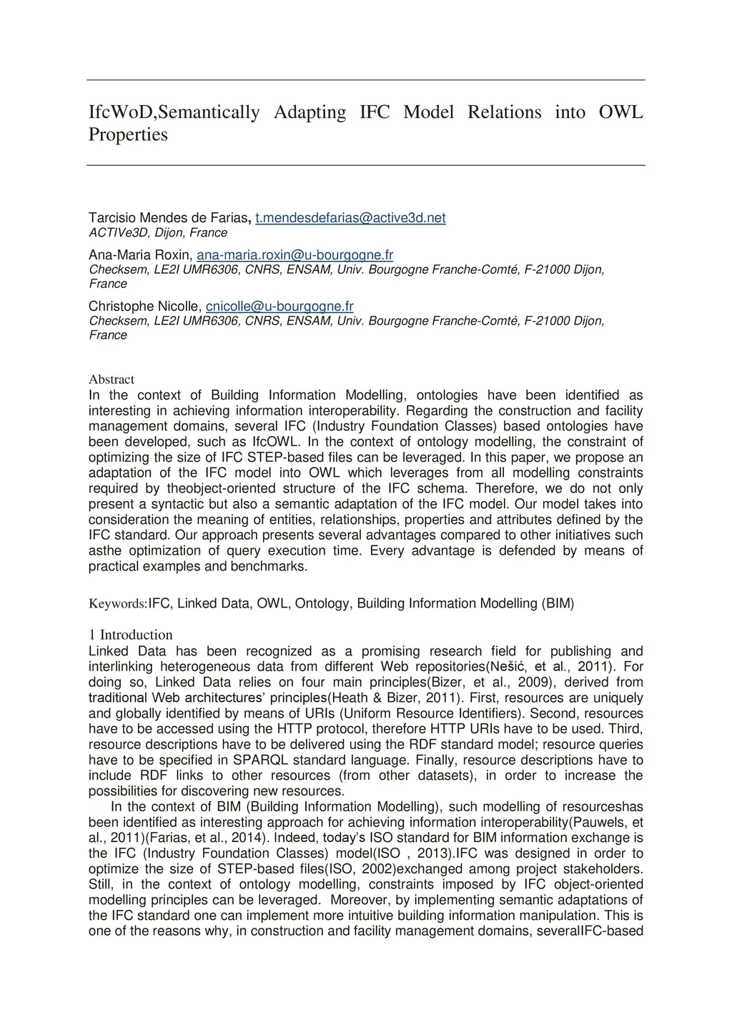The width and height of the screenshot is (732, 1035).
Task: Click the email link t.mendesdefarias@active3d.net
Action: tap(350, 217)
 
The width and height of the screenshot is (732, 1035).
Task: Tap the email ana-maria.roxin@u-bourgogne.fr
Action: tap(295, 255)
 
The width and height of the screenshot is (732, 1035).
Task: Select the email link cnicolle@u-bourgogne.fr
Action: tap(280, 307)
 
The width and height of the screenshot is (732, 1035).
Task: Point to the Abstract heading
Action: tap(111, 380)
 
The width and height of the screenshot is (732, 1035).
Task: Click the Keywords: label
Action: tap(117, 604)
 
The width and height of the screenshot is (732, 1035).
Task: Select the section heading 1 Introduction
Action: tap(130, 635)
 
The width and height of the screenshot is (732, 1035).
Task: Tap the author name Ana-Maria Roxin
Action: tap(139, 255)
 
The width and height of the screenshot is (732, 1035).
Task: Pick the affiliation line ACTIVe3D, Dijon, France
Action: tap(157, 233)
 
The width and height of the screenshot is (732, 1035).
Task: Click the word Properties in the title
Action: tap(127, 134)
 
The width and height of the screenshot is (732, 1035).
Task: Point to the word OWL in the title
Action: tap(620, 112)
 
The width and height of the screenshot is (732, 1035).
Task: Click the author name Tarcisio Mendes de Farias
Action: tap(168, 217)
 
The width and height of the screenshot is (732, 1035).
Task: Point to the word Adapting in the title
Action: tap(310, 112)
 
